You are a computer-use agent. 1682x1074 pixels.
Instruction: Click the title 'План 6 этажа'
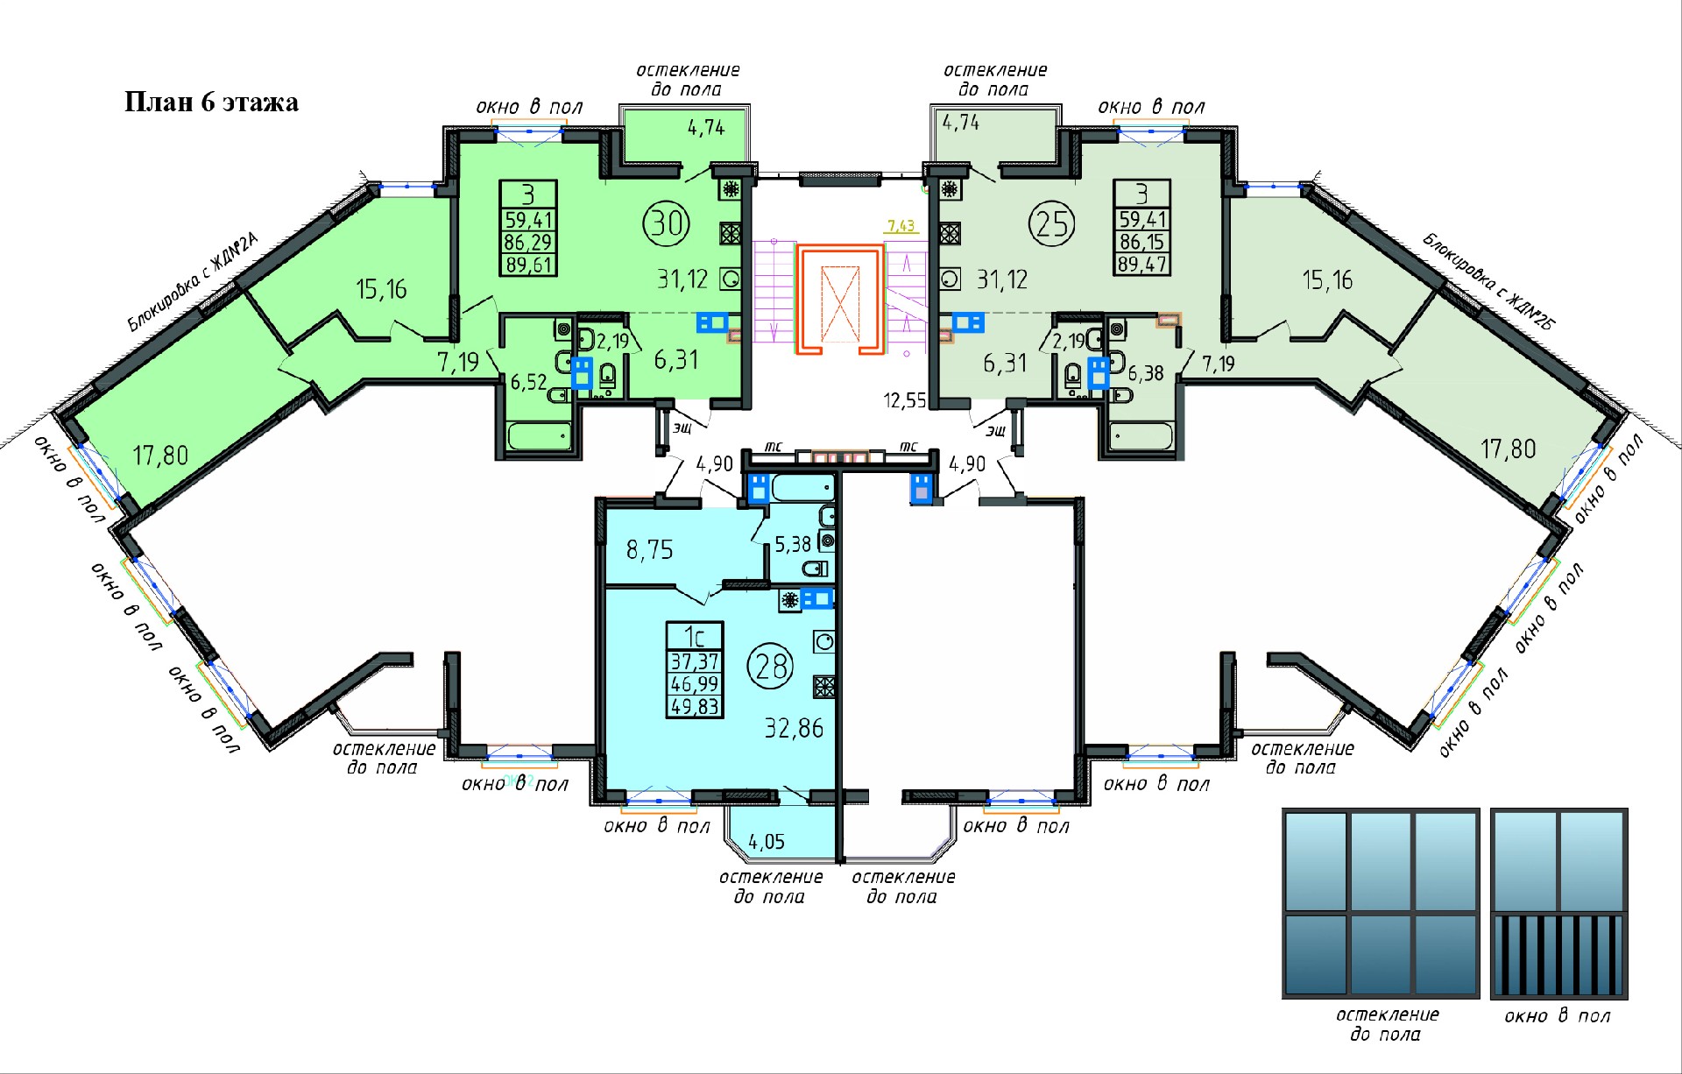(211, 102)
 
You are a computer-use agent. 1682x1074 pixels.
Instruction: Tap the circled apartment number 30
(667, 223)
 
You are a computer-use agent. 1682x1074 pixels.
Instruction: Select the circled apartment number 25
(1051, 223)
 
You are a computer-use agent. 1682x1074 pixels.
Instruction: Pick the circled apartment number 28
(770, 666)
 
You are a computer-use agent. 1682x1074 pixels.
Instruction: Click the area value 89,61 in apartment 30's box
(528, 264)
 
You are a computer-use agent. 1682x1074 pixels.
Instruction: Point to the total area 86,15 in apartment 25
(1142, 241)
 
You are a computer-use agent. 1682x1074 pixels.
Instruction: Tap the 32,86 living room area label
(794, 728)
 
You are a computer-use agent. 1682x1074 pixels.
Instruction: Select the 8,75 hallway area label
(649, 549)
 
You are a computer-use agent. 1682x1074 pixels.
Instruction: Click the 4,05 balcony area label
(767, 842)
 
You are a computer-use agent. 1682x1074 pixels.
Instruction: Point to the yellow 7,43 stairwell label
(901, 226)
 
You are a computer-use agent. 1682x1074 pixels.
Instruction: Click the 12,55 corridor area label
(905, 400)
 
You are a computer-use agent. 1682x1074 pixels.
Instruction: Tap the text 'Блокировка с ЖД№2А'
(194, 282)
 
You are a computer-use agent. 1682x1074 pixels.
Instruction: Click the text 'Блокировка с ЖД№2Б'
(1488, 280)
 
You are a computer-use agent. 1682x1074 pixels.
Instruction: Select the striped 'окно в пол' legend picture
(1558, 904)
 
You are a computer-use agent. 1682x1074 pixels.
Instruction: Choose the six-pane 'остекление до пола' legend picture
(1380, 903)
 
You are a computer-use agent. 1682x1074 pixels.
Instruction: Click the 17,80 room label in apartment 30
(160, 456)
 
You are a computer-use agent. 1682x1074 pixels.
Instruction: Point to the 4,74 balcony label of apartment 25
(961, 123)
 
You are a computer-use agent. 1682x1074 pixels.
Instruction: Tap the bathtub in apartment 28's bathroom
(802, 487)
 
